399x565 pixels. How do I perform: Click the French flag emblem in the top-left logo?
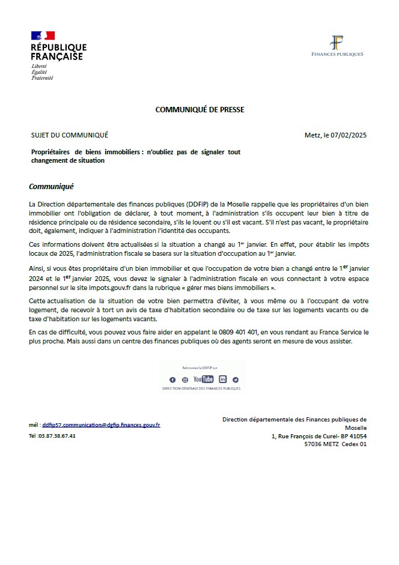(x=43, y=36)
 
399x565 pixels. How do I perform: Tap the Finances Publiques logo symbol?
(x=337, y=43)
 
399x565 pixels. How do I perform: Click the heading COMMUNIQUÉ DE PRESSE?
(x=199, y=109)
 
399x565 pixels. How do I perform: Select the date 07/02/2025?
(x=349, y=135)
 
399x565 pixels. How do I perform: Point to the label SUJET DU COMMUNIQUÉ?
(x=69, y=135)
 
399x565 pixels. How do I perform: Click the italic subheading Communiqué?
(x=51, y=187)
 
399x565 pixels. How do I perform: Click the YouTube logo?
(x=203, y=379)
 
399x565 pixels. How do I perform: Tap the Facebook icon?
(x=172, y=379)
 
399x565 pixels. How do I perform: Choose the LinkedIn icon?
(x=223, y=379)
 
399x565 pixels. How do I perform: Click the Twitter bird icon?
(x=236, y=379)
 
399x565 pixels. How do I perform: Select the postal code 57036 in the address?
(x=314, y=444)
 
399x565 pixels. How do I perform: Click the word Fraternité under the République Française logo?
(x=42, y=78)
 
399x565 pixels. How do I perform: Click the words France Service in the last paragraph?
(x=337, y=332)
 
